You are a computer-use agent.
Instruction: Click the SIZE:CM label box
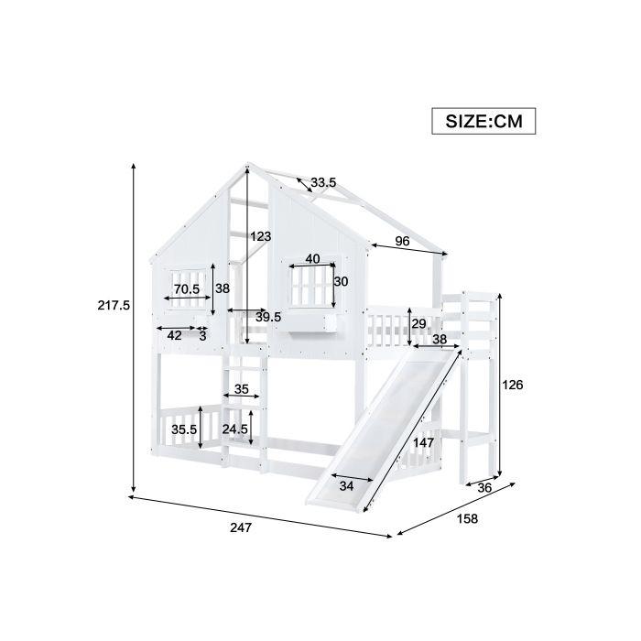point(483,121)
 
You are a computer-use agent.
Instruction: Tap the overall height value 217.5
point(114,305)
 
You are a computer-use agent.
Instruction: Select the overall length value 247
point(241,527)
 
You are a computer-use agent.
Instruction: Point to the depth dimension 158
point(467,519)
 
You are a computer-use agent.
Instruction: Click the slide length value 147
point(423,442)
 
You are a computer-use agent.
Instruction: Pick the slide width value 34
point(346,486)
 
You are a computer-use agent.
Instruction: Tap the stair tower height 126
point(513,385)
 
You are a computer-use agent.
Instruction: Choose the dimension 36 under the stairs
point(484,488)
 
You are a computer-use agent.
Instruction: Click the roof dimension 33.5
point(323,182)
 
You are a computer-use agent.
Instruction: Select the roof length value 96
point(403,241)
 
